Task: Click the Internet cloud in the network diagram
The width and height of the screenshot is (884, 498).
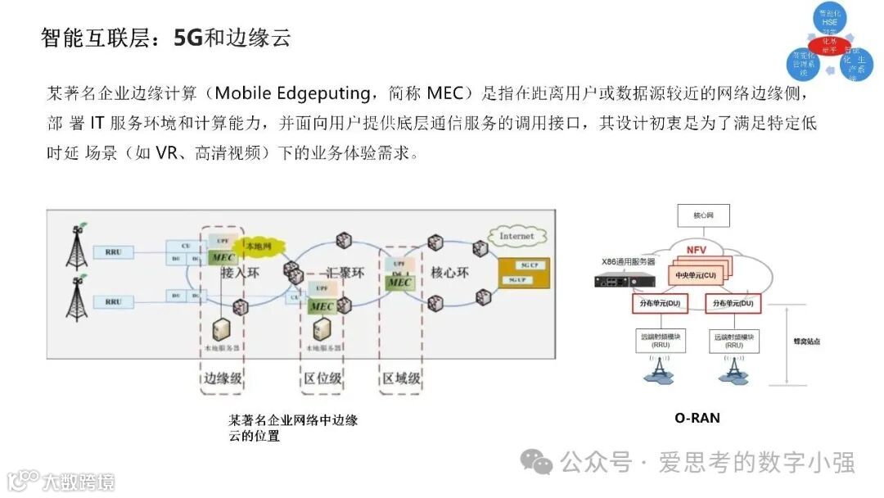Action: pos(516,237)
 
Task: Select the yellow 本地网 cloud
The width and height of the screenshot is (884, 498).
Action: pos(256,244)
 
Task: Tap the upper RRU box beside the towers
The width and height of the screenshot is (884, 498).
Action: pos(113,251)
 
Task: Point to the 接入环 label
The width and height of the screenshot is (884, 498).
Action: pos(240,274)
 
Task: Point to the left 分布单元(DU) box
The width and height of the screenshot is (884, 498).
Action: pos(660,304)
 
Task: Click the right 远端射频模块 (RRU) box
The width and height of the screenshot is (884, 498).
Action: pos(733,340)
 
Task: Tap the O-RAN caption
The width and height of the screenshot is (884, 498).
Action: pos(697,418)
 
